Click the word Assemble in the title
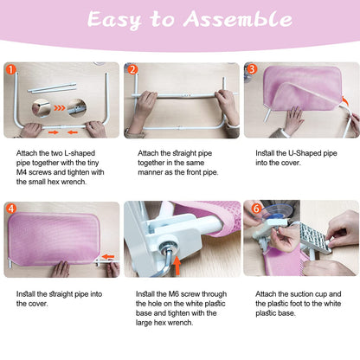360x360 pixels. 238,19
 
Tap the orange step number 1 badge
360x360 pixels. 11,69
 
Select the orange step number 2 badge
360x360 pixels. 132,69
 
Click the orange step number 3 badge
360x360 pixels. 252,69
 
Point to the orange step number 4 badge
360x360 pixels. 11,209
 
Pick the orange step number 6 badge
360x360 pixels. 256,209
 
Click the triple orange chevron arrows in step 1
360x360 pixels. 60,108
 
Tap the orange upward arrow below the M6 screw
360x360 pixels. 177,266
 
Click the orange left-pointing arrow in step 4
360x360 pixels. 108,256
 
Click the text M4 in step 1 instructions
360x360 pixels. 22,172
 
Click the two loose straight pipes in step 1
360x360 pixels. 52,87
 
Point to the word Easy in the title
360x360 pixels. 114,20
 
